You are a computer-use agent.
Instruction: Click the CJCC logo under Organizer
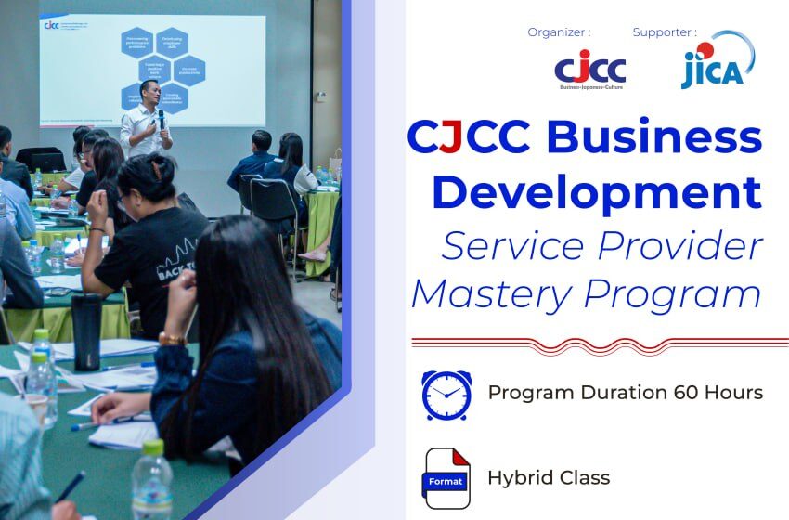coord(589,70)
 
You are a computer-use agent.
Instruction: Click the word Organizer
coord(558,32)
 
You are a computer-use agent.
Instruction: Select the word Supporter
coord(664,32)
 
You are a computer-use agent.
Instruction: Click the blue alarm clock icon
coord(446,395)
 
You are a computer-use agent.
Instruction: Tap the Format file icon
coord(446,479)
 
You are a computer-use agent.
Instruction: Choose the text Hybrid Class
coord(549,479)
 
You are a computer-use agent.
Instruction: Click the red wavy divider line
coord(599,342)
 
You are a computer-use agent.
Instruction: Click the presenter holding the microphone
coord(147,120)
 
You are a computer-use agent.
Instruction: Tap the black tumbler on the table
coord(85,330)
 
